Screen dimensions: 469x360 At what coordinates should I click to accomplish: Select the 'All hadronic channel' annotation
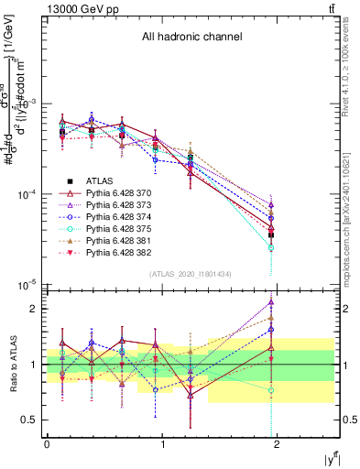point(191,38)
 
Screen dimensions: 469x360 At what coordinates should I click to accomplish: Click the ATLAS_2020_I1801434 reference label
point(191,274)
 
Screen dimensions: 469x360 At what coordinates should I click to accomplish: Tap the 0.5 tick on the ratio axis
point(32,420)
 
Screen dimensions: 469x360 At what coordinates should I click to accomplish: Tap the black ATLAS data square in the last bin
point(271,234)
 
